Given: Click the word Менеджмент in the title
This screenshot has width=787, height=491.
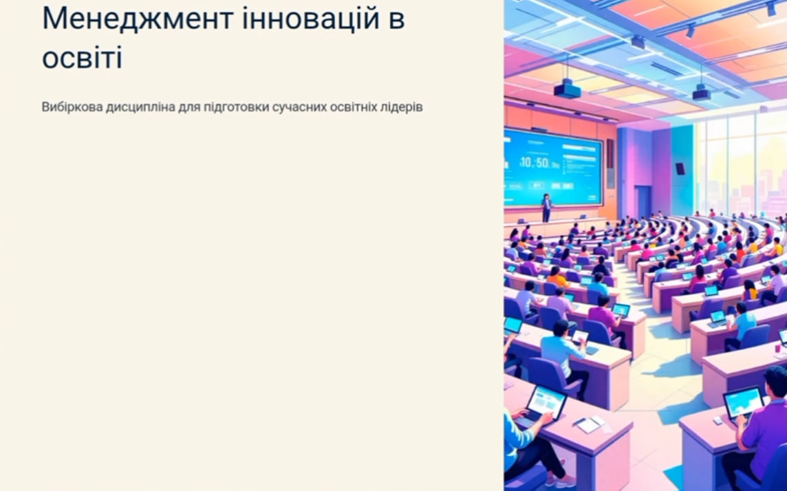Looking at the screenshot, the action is coord(138,18).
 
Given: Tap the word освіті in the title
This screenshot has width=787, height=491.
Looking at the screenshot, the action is coord(82,57).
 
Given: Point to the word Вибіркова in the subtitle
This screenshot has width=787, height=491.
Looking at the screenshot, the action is coord(72,107).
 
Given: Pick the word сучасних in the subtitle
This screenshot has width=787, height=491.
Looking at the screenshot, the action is coord(299,107).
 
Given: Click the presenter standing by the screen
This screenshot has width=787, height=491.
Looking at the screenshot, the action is coord(546,208).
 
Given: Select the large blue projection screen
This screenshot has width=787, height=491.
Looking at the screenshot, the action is coord(553,167).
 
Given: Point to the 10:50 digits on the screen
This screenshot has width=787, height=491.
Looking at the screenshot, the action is coord(534,162).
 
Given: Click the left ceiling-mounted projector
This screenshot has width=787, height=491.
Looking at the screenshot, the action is coord(568,89).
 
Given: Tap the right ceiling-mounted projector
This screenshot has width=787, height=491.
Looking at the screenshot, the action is coord(701,92).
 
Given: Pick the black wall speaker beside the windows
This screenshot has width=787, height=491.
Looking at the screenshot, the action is coord(680,169).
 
